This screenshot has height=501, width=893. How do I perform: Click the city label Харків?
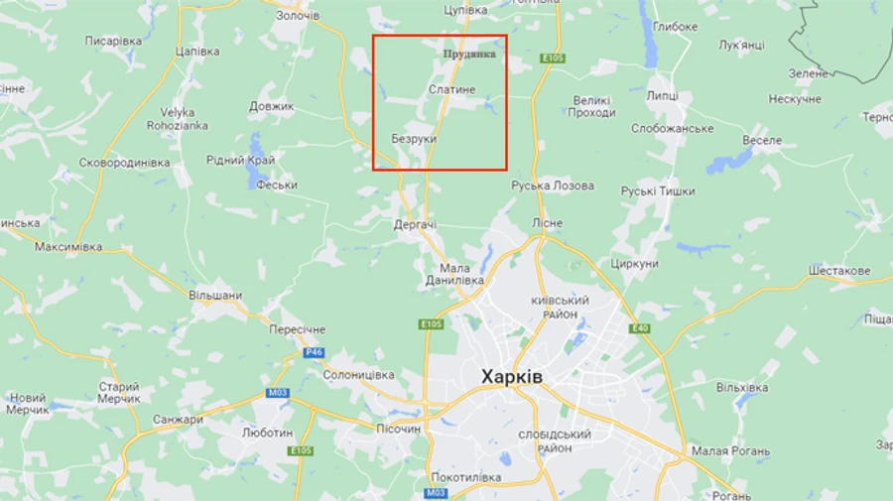(x=511, y=377)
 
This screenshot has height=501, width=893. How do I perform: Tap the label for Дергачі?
(x=415, y=224)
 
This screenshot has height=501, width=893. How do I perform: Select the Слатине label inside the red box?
(x=451, y=90)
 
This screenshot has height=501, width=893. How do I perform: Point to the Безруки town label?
(x=414, y=139)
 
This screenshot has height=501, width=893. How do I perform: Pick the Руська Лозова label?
(x=553, y=186)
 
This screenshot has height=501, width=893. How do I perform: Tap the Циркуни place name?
(x=635, y=264)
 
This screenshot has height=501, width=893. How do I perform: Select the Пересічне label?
(x=297, y=328)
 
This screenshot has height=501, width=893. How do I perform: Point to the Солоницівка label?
(x=358, y=375)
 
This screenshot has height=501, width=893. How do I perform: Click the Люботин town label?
(x=267, y=433)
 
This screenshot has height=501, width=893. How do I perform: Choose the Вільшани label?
(x=215, y=295)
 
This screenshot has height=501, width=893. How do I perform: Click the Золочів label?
(x=298, y=16)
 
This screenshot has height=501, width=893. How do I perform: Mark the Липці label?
(x=662, y=95)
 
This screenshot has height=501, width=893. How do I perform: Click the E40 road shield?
(x=640, y=328)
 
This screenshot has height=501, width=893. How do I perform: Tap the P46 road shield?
(x=314, y=352)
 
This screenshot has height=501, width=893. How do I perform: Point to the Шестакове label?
(x=839, y=271)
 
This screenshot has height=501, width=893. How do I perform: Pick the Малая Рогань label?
(x=730, y=451)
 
